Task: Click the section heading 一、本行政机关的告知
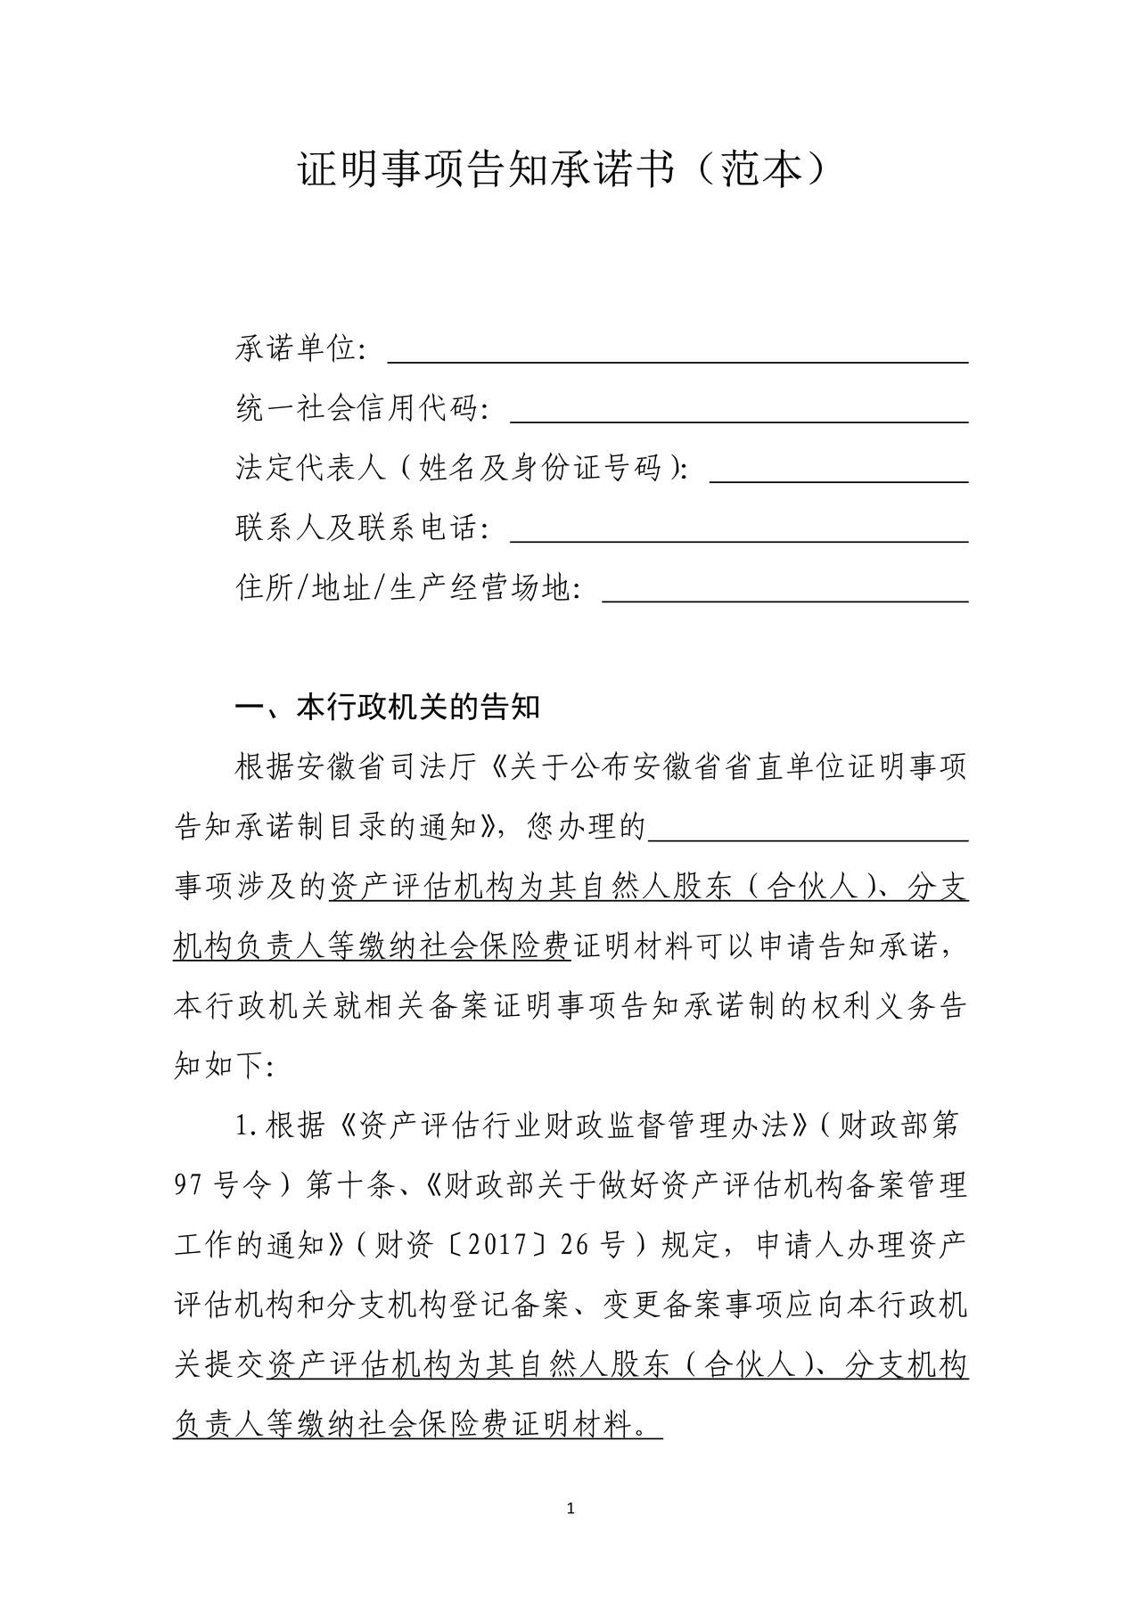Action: (388, 708)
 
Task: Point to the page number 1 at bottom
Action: (570, 1509)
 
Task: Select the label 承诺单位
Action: (296, 348)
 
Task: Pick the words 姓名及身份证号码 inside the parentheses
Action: (541, 468)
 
